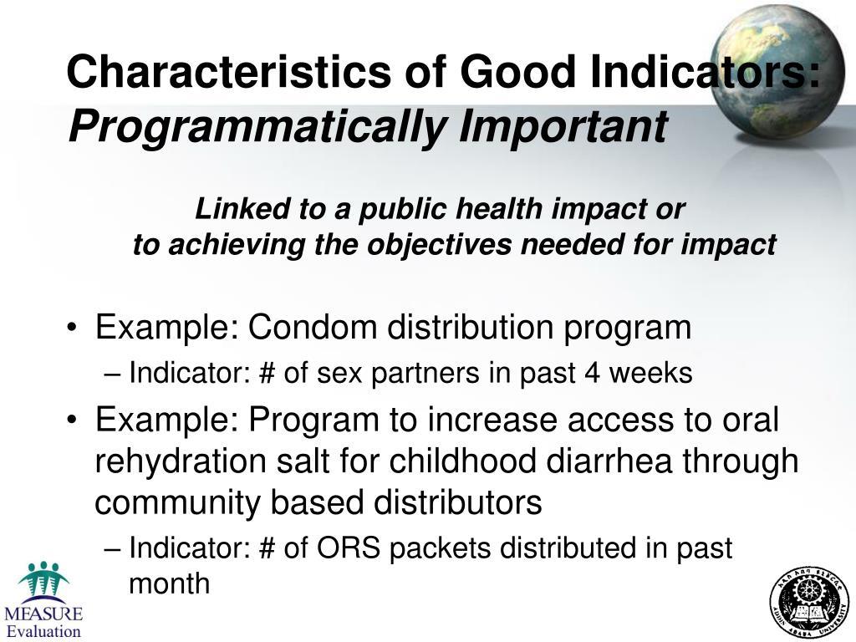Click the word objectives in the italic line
point(442,245)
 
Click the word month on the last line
point(169,583)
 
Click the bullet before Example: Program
point(75,420)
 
